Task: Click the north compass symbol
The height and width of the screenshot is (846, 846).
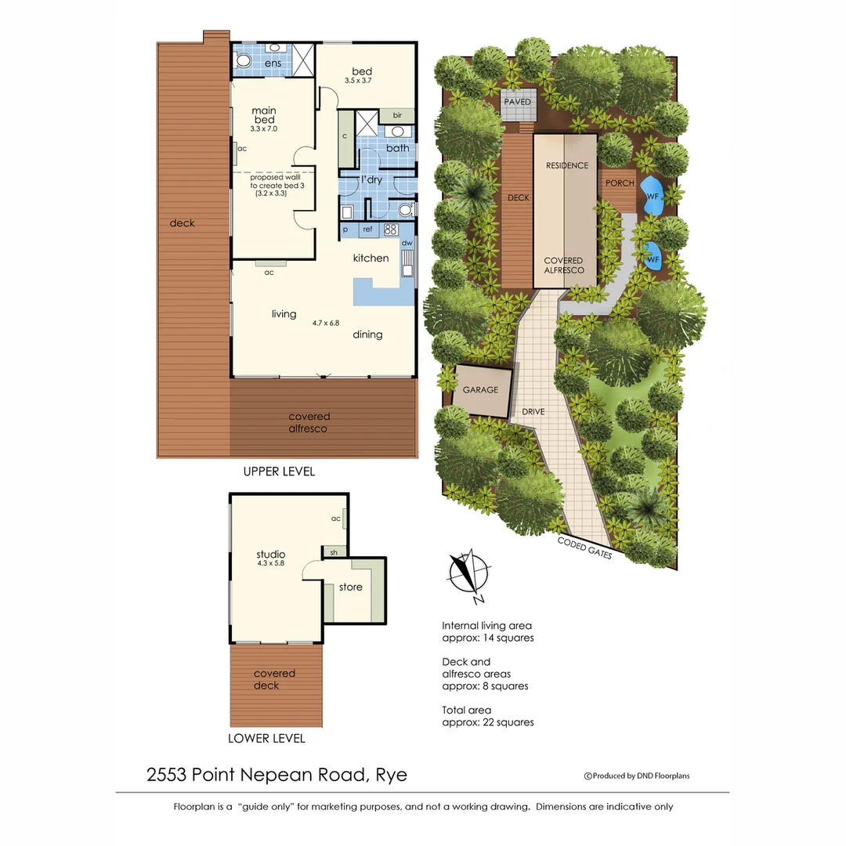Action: (468, 572)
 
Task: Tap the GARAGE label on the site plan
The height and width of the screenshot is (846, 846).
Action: (480, 389)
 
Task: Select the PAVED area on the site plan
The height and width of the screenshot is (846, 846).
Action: (518, 103)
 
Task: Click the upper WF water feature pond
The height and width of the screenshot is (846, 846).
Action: (652, 196)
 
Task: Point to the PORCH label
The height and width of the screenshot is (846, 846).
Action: (620, 183)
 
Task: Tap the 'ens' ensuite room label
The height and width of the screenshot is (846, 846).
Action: (273, 63)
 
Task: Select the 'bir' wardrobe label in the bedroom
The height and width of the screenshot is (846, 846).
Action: (397, 114)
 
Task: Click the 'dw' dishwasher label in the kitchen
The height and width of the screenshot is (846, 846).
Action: (407, 244)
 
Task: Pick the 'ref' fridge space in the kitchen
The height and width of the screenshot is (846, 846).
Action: (367, 230)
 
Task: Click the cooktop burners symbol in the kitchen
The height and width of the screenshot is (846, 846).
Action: (391, 230)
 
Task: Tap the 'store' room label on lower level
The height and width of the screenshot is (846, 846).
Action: (351, 587)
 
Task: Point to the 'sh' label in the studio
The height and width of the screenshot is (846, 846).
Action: (334, 551)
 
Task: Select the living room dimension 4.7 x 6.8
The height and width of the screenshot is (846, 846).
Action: (325, 322)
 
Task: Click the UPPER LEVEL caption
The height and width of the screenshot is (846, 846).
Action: (279, 472)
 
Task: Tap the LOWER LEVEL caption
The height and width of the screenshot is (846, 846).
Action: (266, 738)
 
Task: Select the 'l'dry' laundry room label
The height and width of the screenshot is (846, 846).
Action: (371, 180)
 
